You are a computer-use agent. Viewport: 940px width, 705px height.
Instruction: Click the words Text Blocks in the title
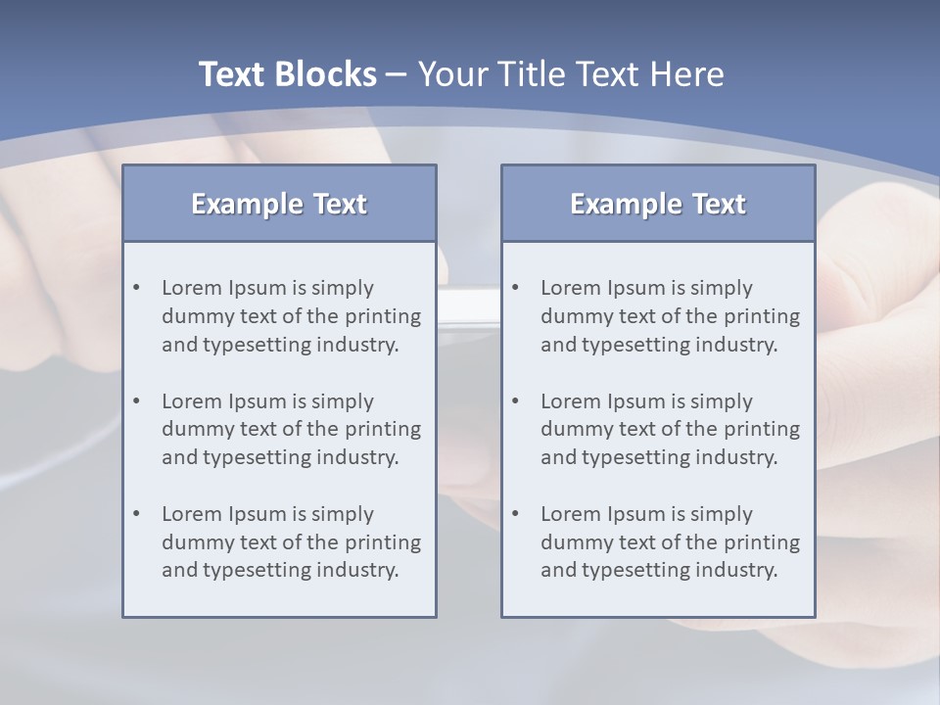(x=287, y=74)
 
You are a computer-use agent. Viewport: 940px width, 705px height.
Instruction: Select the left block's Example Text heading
(x=279, y=204)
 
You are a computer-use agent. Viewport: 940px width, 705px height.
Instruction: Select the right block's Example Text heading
(x=658, y=204)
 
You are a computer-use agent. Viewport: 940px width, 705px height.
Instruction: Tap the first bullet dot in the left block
(x=137, y=288)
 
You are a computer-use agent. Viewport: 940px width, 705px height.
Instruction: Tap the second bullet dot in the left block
(x=137, y=401)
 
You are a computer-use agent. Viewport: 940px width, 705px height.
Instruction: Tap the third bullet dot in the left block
(x=137, y=514)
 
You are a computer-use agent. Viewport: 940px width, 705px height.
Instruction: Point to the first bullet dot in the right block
(x=516, y=288)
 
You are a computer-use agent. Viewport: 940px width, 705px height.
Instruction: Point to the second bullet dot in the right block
(x=516, y=401)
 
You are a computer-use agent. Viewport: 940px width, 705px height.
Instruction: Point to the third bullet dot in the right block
(x=516, y=514)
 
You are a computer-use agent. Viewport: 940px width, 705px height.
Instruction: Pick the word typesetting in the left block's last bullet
(x=259, y=571)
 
